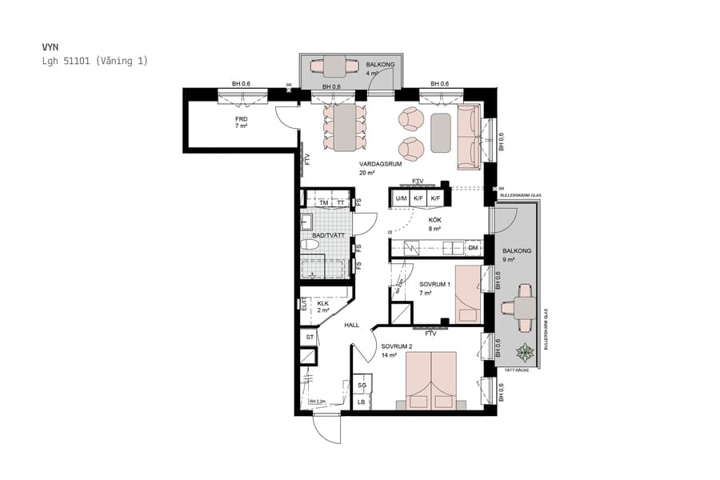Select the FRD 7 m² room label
[241, 122]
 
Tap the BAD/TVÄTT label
[328, 235]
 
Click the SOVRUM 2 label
[396, 350]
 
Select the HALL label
[351, 326]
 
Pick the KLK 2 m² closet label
[322, 307]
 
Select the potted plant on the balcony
[525, 351]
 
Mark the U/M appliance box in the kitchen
[401, 198]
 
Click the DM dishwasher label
[473, 249]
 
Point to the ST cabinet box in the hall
[310, 338]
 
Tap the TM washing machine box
[324, 203]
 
